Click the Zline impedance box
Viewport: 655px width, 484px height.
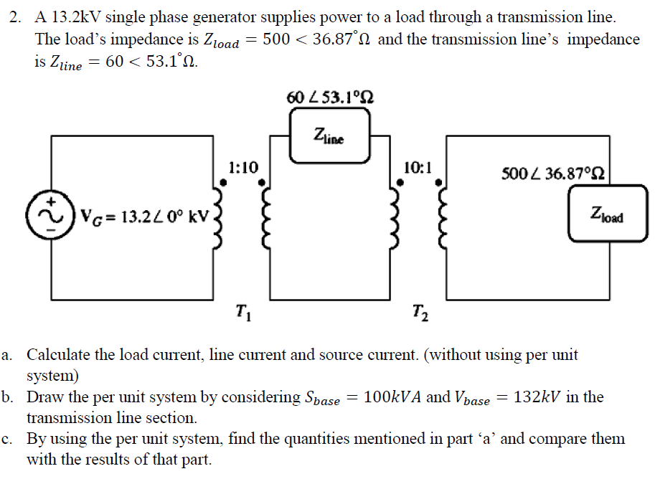(329, 136)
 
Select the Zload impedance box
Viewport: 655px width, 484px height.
(607, 213)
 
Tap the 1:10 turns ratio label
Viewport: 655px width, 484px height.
(244, 168)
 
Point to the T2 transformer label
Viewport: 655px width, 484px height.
(419, 313)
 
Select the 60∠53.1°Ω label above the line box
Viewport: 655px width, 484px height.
(329, 97)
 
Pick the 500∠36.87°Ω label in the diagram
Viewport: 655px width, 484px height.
(555, 173)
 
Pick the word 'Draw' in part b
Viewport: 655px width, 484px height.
(45, 397)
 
